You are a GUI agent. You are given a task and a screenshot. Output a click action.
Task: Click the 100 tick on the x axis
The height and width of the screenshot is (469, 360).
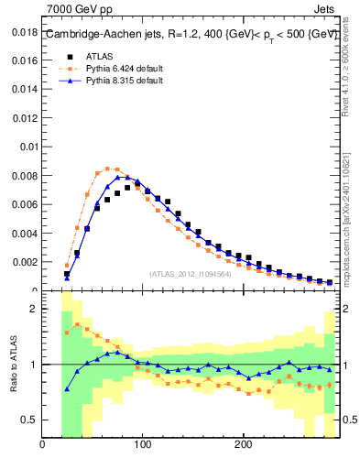(142, 446)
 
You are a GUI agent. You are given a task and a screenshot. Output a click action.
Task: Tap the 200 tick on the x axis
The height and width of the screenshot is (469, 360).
(243, 446)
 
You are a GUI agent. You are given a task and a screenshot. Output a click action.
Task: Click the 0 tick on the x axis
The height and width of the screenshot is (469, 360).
(42, 446)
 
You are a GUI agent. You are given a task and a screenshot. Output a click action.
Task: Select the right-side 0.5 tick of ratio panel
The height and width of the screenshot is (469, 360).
(348, 420)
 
